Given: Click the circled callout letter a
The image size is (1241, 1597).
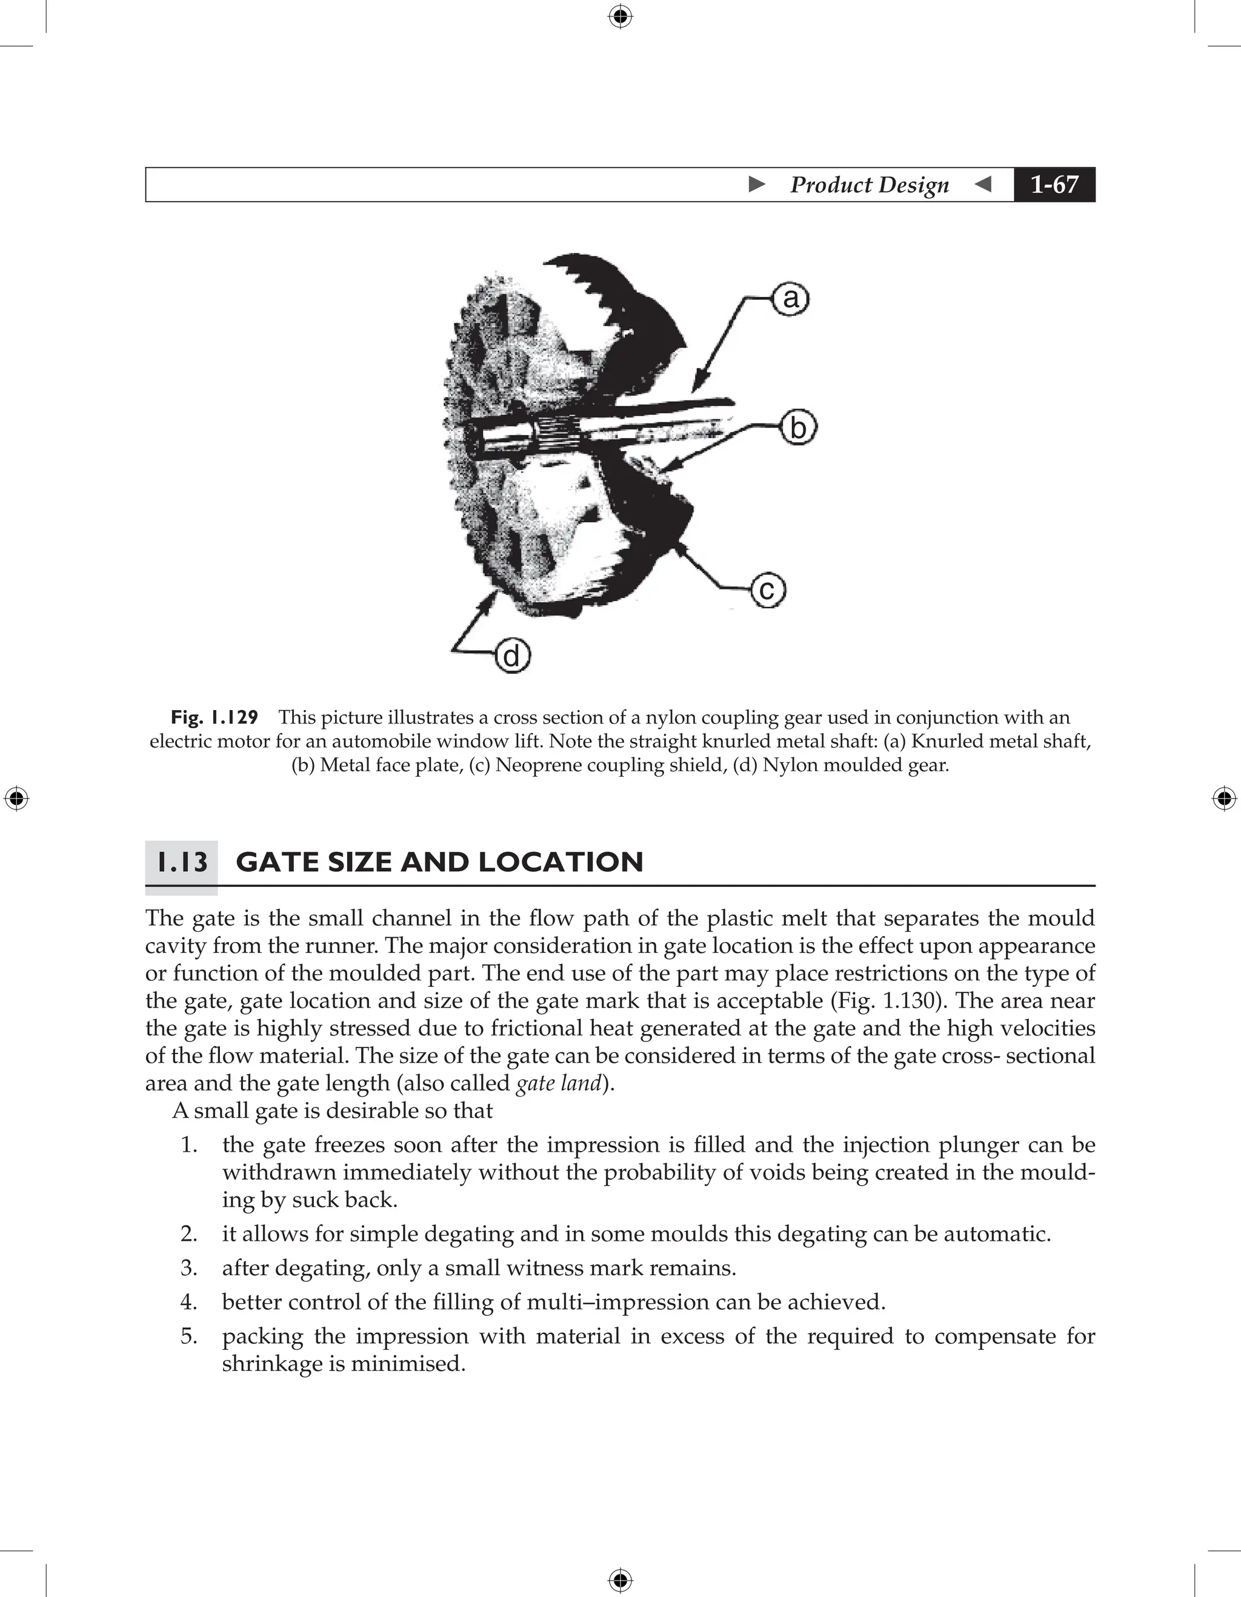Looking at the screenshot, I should point(791,299).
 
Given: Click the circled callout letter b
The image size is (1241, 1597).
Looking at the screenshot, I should point(798,428).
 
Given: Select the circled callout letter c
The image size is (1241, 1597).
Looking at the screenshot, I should point(768,590).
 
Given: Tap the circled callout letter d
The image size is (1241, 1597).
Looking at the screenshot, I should point(512,656).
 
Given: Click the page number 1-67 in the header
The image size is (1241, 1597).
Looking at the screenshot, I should point(1054,184).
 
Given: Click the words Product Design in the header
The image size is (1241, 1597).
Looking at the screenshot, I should point(869,184).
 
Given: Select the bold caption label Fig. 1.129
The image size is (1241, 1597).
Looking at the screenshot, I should point(215,717).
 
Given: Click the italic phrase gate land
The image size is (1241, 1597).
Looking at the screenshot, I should point(558,1083).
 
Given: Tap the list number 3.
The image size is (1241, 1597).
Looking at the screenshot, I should point(188,1268).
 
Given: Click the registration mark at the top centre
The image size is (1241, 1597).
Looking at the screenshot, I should point(620,16).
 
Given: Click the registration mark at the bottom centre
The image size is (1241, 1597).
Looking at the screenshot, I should point(620,1580).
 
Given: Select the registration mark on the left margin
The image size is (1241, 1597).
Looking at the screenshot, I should point(16,799).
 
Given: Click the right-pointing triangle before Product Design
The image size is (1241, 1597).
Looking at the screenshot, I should point(757,184).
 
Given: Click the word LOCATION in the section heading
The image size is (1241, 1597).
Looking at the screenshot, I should point(561,862).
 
